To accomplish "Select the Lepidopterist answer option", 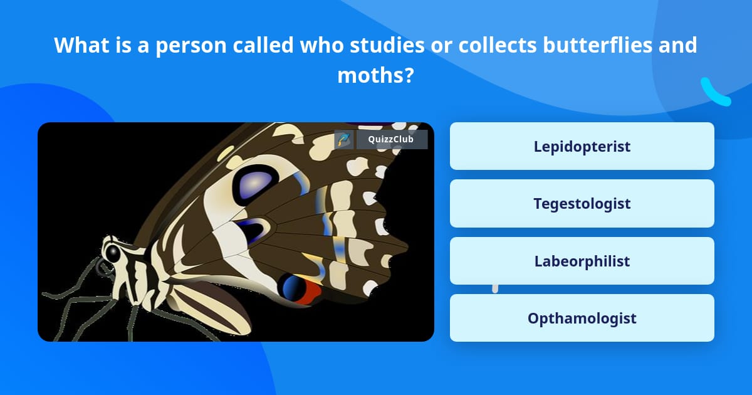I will (582, 146).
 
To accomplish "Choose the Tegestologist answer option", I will (582, 204).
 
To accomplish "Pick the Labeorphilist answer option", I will (582, 261).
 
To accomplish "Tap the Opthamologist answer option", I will (582, 318).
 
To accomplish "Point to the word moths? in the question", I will (375, 75).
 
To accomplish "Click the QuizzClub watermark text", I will (392, 140).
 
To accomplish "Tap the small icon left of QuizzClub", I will (343, 140).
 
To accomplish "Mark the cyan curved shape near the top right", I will (715, 93).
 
